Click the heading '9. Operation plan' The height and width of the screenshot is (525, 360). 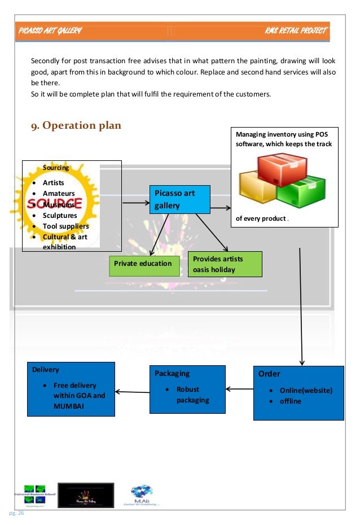pyautogui.click(x=76, y=125)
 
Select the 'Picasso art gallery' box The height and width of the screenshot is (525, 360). pyautogui.click(x=179, y=199)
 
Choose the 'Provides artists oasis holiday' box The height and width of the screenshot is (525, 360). pyautogui.click(x=225, y=264)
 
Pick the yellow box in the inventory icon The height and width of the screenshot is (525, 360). pyautogui.click(x=258, y=190)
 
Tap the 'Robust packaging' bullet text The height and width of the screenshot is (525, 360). pyautogui.click(x=192, y=395)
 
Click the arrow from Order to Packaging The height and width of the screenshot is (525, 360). pyautogui.click(x=239, y=388)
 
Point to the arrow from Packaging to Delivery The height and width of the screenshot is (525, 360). pyautogui.click(x=132, y=391)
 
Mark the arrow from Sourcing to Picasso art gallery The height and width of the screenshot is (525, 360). pyautogui.click(x=135, y=203)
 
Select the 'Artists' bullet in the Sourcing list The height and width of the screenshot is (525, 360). pyautogui.click(x=53, y=183)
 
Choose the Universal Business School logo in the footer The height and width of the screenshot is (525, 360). pyautogui.click(x=39, y=496)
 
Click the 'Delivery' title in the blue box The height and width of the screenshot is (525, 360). pyautogui.click(x=46, y=370)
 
